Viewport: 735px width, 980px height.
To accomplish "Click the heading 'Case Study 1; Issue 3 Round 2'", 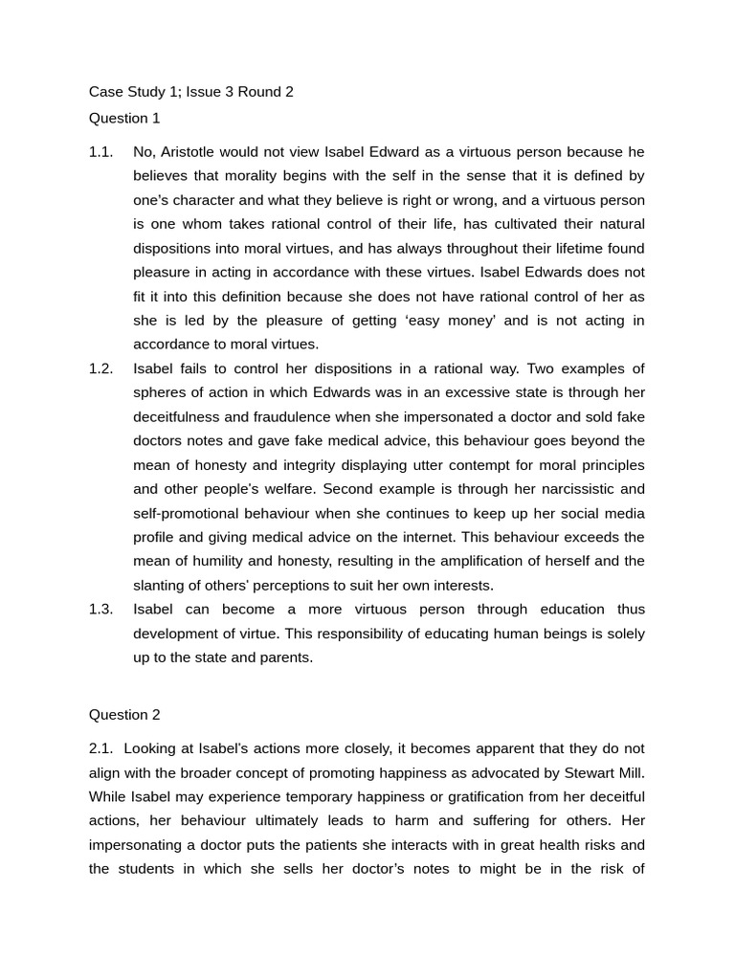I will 190,92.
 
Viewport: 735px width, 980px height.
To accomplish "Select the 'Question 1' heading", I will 124,118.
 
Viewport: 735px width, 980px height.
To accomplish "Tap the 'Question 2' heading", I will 124,714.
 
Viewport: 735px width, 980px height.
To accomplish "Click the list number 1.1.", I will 100,151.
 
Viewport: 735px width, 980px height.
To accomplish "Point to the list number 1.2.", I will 100,368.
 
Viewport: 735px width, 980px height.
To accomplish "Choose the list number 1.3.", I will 100,609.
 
